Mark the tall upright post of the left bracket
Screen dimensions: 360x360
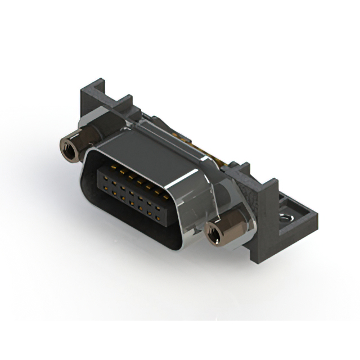tap(89, 98)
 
